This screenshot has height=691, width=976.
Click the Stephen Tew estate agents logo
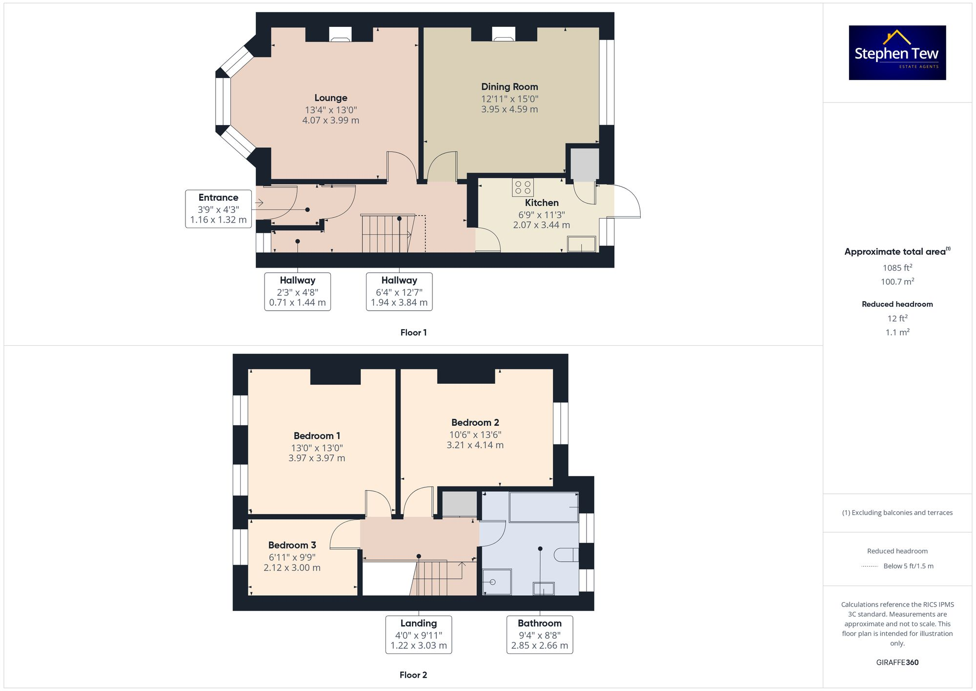coord(897,53)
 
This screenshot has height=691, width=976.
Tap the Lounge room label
coord(330,98)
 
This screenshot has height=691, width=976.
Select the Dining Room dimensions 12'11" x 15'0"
coord(509,99)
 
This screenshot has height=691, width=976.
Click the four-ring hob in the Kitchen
coord(523,188)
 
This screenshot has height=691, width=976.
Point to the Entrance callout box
coord(218,209)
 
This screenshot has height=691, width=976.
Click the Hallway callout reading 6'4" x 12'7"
coord(399,292)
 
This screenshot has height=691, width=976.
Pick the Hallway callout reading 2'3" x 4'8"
coord(297,292)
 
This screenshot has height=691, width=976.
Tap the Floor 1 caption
coord(413,333)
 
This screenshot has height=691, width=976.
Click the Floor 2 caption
coord(413,675)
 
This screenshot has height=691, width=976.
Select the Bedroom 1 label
coord(317,436)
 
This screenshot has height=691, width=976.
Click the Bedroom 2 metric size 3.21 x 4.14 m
coord(475,445)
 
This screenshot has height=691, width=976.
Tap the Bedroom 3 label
coord(292,545)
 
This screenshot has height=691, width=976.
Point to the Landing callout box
coord(418,634)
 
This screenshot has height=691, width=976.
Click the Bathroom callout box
coord(539,634)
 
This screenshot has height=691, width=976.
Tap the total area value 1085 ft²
coord(897,268)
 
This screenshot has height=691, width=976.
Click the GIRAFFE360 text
coord(897,662)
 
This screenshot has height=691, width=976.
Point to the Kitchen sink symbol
coord(582,244)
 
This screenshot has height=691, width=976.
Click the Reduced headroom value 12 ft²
coord(897,318)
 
